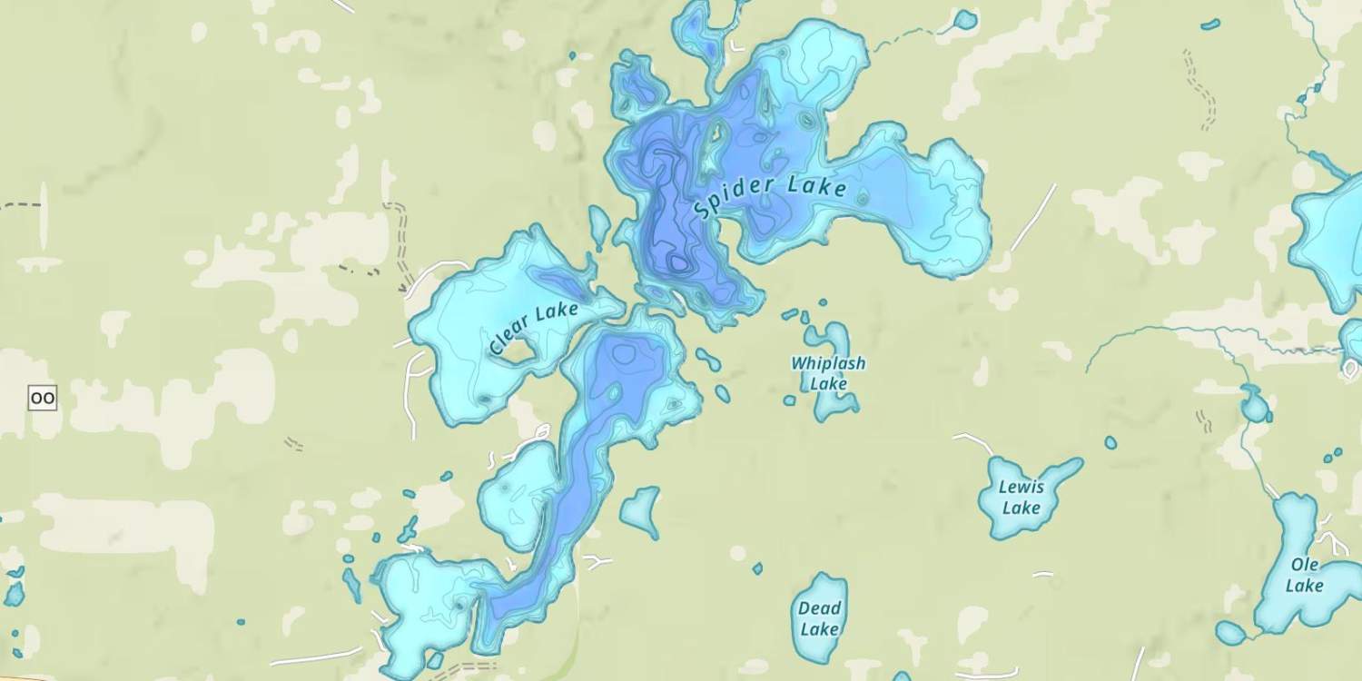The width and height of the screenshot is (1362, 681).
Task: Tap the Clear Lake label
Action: (534, 328)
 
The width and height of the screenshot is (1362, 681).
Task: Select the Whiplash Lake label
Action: (828, 373)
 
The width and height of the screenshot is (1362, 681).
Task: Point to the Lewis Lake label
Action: (1021, 497)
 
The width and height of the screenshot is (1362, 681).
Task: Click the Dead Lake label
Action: (820, 618)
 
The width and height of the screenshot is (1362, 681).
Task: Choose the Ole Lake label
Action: (1305, 575)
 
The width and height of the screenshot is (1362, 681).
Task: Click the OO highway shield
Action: (43, 398)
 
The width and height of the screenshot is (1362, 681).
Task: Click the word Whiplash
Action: (828, 363)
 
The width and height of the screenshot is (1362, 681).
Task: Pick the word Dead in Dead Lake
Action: (820, 608)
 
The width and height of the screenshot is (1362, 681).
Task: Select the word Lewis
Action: (1021, 487)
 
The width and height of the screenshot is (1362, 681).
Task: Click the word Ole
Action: (1305, 565)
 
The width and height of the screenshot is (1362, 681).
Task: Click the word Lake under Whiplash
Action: (828, 384)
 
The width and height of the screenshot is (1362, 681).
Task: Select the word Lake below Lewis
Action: (1021, 508)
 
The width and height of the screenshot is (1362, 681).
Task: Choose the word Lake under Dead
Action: (820, 629)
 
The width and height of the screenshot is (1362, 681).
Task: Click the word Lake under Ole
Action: (1305, 586)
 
